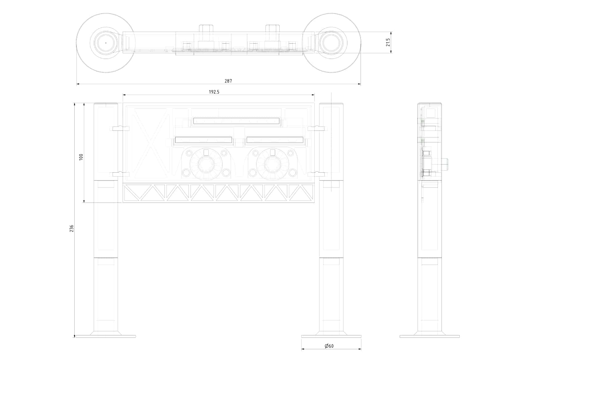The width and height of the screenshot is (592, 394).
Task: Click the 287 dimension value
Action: click(x=228, y=81)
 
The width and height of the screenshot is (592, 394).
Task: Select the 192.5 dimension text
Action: click(x=214, y=92)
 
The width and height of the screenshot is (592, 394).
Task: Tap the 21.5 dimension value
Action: click(x=388, y=42)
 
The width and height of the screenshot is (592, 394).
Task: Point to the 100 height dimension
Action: click(x=81, y=157)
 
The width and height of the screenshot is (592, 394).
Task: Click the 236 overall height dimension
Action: click(x=72, y=228)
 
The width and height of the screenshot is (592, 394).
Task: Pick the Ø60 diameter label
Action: click(x=329, y=346)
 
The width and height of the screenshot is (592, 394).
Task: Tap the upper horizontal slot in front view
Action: click(x=236, y=121)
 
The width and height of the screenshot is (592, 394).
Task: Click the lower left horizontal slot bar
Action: click(x=203, y=140)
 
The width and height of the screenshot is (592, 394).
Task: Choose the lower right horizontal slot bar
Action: click(x=275, y=140)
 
